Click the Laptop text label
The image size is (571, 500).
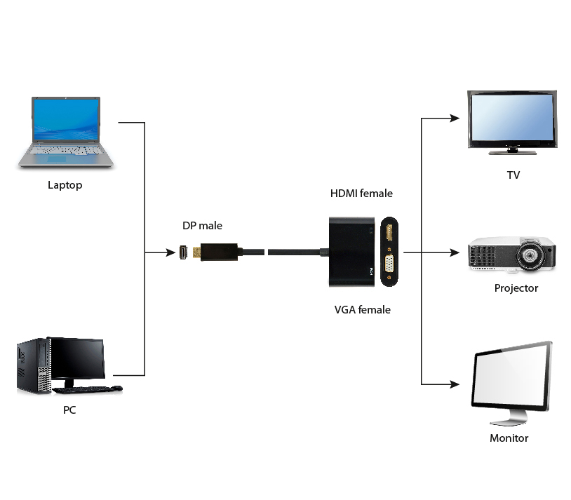[x=65, y=185]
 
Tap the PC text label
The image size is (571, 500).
[x=69, y=410]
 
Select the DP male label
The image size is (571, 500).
[x=202, y=226]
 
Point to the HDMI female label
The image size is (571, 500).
[x=361, y=193]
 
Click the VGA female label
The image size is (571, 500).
[x=363, y=309]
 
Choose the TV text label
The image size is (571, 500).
[x=513, y=175]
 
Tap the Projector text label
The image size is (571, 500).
[x=516, y=288]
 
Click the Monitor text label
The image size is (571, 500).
[x=509, y=438]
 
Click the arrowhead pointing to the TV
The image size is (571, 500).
[x=455, y=118]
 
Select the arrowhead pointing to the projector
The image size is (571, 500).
[x=455, y=252]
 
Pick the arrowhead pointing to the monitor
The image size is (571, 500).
[x=455, y=384]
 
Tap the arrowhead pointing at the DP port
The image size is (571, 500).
[x=170, y=252]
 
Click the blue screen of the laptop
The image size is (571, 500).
[x=66, y=120]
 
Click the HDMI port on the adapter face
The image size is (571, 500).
[x=389, y=232]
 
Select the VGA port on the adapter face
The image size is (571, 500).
[x=389, y=264]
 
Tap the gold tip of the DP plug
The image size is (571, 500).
[x=196, y=252]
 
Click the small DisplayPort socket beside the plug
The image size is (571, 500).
[x=184, y=252]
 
